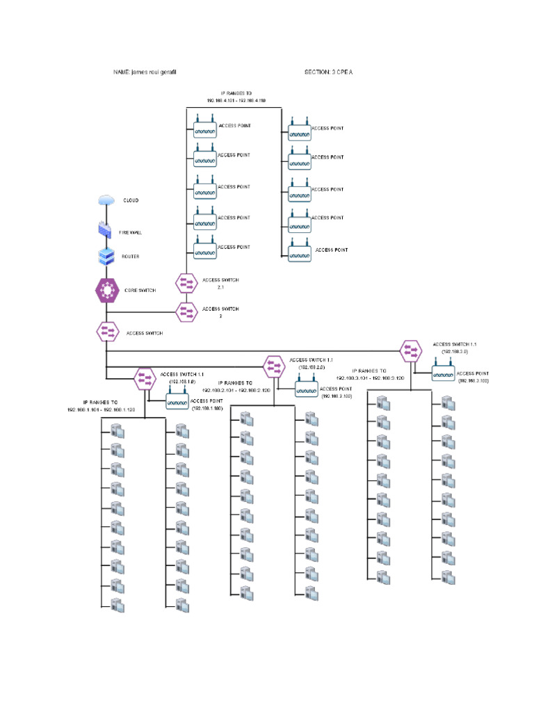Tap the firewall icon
pyautogui.click(x=106, y=229)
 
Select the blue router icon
pyautogui.click(x=106, y=256)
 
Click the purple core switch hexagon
pyautogui.click(x=106, y=290)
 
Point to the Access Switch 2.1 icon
pyautogui.click(x=187, y=283)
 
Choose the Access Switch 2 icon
pyautogui.click(x=187, y=312)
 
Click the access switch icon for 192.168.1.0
pyautogui.click(x=145, y=379)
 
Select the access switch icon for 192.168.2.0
pyautogui.click(x=273, y=365)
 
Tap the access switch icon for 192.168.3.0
pyautogui.click(x=410, y=350)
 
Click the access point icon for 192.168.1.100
pyautogui.click(x=177, y=402)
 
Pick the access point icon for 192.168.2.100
pyautogui.click(x=306, y=389)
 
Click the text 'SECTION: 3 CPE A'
pyautogui.click(x=328, y=72)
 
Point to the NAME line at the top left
pyautogui.click(x=149, y=72)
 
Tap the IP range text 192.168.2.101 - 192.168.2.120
pyautogui.click(x=236, y=391)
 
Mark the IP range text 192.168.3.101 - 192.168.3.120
pyautogui.click(x=370, y=378)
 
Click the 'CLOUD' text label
pyautogui.click(x=131, y=200)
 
